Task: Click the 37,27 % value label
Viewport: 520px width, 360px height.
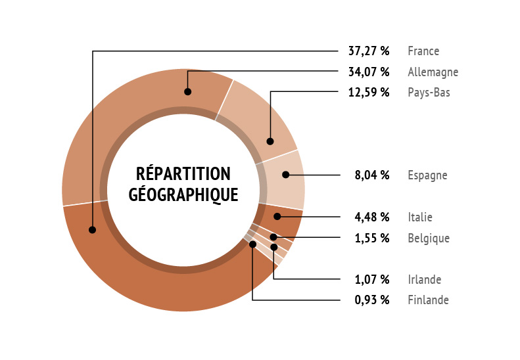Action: coord(369,51)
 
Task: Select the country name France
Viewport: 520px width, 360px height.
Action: coord(423,51)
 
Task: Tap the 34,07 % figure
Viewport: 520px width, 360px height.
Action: coord(369,72)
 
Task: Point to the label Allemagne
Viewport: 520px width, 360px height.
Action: coord(433,72)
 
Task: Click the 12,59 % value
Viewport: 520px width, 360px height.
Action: coord(369,93)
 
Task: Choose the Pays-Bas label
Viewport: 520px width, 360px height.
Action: coord(429,93)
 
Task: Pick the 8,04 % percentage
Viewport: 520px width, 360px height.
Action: coord(372,175)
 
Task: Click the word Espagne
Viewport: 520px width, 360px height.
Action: coord(427,175)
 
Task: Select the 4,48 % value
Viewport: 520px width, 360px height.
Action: coord(372,217)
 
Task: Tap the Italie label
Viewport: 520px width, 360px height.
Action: coord(420,217)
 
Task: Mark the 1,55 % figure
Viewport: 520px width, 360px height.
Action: coord(372,238)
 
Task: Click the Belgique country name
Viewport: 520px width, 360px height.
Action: coord(429,238)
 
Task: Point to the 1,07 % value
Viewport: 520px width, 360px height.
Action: coord(372,279)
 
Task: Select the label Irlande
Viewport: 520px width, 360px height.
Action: coord(425,279)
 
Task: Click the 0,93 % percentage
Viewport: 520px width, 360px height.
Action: coord(372,300)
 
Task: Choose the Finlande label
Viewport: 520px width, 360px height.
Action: coord(428,300)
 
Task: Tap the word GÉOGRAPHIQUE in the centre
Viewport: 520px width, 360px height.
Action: coord(183,194)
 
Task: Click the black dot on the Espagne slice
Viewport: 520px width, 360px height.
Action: coord(286,175)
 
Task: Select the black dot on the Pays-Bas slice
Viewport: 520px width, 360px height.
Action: coord(270,141)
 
